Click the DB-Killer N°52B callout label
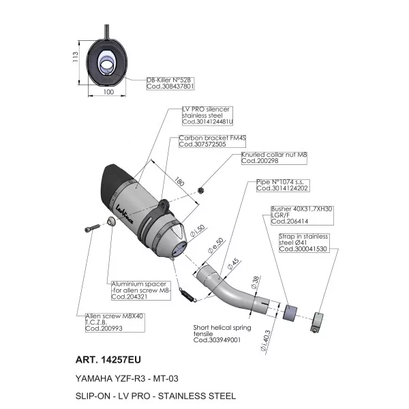coord(170,83)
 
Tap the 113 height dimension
coord(75,57)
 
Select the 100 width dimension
coord(108,92)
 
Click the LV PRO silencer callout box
coord(207,116)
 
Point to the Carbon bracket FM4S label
coord(212,141)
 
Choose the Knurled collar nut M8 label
coord(274,158)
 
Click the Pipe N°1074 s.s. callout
coord(283,185)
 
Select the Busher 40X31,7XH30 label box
coord(302,215)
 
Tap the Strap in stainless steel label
coord(303,243)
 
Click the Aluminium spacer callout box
coord(141,290)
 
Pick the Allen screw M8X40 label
coord(115,322)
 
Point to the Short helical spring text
coord(222,334)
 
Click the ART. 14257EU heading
coord(108,360)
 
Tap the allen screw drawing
coord(92,228)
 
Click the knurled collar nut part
coord(201,191)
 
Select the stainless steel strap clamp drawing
coord(317,322)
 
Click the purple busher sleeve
coord(290,312)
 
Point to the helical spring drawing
coord(187,294)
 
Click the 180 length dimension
coord(179,181)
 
